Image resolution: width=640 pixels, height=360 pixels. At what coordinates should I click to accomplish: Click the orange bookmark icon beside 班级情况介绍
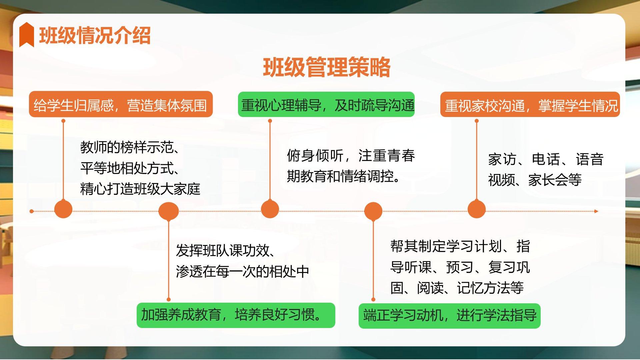click(x=27, y=35)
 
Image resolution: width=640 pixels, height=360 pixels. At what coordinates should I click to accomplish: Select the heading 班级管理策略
click(x=327, y=67)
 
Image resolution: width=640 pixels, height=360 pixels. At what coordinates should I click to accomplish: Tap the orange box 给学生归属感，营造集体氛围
click(x=121, y=104)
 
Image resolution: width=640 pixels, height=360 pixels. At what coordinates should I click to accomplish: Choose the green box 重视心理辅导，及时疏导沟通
click(x=326, y=104)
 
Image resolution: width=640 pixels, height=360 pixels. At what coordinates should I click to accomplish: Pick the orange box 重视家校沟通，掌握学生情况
click(x=530, y=104)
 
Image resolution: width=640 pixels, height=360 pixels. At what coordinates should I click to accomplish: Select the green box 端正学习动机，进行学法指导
click(x=450, y=316)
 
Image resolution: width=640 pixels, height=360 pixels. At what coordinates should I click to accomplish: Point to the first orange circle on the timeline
click(x=63, y=209)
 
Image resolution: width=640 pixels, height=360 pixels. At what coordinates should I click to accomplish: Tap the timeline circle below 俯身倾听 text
click(x=270, y=209)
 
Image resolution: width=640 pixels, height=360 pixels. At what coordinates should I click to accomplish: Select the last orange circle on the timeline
click(x=477, y=209)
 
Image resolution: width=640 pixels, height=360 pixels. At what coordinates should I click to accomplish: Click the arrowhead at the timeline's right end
click(x=597, y=211)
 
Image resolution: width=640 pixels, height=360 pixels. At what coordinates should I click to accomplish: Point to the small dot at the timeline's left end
click(x=32, y=211)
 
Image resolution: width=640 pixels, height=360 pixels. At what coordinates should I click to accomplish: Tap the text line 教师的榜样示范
click(x=130, y=147)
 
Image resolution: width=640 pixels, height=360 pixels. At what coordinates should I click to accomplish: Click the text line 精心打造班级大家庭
click(x=140, y=189)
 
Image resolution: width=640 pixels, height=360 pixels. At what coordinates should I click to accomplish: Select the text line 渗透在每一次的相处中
click(x=243, y=272)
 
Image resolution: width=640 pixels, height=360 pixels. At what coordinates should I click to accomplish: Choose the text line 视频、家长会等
click(x=535, y=180)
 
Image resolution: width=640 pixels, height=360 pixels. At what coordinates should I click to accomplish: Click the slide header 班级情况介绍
click(x=95, y=35)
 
